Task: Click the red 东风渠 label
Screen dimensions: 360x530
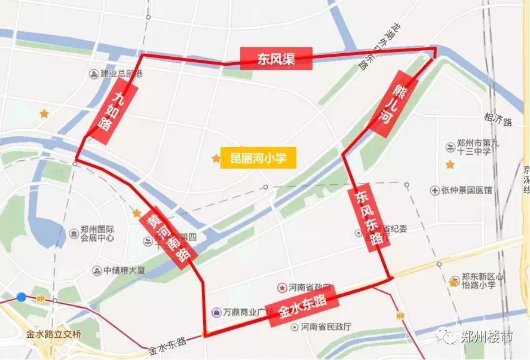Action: pos(277,59)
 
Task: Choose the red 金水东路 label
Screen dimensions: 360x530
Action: pos(304,306)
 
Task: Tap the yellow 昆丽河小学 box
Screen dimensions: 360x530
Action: pos(258,158)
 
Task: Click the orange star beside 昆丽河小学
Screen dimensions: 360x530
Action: pos(215,158)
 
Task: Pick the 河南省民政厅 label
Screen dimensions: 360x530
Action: pos(326,327)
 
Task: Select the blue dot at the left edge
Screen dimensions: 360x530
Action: pos(22,297)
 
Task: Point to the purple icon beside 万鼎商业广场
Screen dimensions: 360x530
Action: pos(216,312)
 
